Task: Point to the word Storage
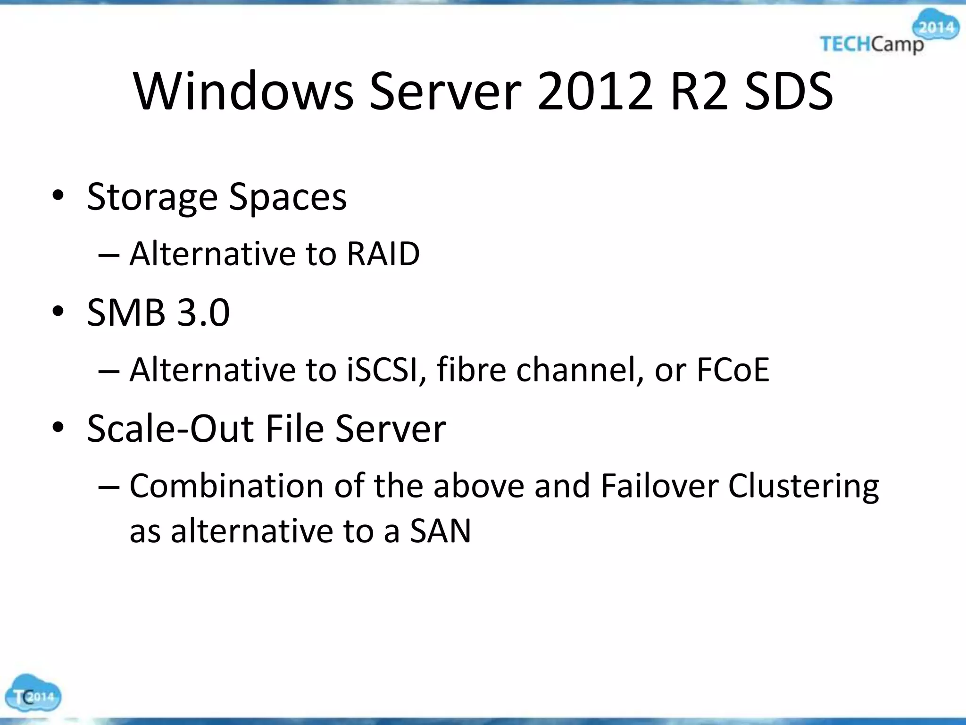coord(152,197)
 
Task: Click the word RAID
coord(383,254)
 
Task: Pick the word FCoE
coord(733,370)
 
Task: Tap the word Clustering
coord(803,487)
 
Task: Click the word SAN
coord(440,531)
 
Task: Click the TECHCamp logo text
coord(872,44)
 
